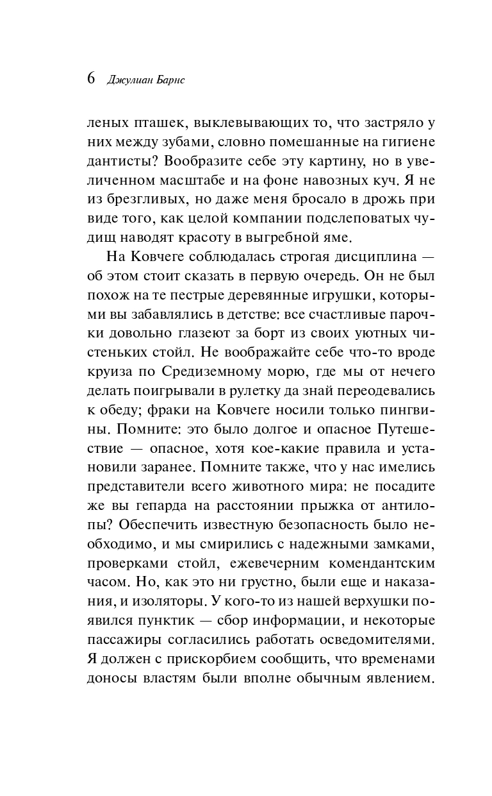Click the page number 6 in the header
point(90,79)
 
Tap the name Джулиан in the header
point(123,80)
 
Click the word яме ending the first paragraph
point(335,237)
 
